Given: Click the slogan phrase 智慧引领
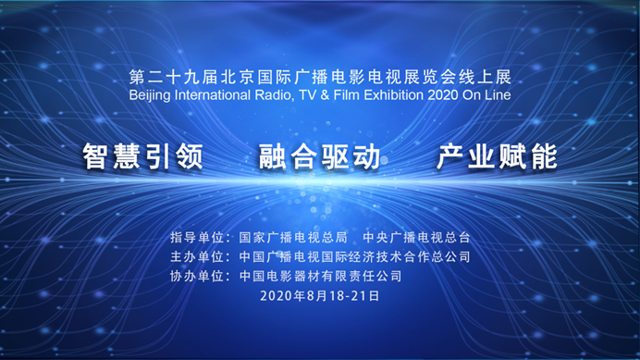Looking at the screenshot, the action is point(142,156).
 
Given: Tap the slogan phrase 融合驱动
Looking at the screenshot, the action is point(320,156).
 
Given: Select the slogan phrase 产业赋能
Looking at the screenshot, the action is point(497,156).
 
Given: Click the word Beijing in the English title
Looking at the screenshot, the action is point(150,95).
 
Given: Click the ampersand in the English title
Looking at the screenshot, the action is point(325,95).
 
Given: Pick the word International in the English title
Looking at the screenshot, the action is point(213,95).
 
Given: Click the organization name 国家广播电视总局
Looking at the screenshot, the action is point(293,238).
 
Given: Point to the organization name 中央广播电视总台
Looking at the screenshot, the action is point(416,238).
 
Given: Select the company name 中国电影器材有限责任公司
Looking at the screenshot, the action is point(320,276).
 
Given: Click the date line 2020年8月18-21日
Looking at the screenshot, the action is point(320,295).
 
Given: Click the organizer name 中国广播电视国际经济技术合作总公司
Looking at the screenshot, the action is point(355,256).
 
